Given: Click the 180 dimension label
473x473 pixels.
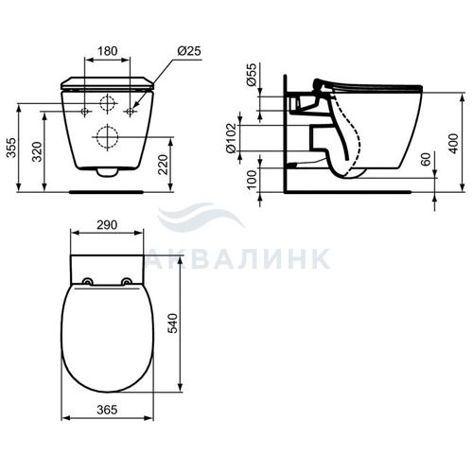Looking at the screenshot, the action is [108, 51].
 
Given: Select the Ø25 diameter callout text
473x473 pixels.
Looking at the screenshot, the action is [189, 51].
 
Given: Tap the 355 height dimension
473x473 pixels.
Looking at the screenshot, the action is [11, 148].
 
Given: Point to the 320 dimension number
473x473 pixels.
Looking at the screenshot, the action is [37, 151].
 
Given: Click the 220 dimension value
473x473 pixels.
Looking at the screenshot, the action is [163, 165].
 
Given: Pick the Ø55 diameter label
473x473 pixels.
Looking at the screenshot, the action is [252, 75].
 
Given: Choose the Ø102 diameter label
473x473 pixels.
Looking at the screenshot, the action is [231, 138].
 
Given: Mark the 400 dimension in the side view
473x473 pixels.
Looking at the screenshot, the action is [453, 144].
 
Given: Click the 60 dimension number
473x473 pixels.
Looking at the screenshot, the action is [426, 160].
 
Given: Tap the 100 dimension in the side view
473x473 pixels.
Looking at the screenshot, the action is [252, 180].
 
